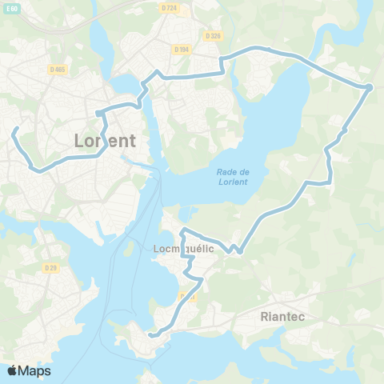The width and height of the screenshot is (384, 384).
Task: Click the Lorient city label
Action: tap(105, 140)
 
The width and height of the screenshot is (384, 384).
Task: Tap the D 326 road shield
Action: tap(212, 36)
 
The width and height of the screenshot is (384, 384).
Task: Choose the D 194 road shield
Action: tap(181, 49)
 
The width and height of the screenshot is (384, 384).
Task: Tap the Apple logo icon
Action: tap(12, 370)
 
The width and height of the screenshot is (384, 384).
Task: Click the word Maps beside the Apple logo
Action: tap(35, 370)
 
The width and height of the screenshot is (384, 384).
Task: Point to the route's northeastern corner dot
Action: tap(370, 86)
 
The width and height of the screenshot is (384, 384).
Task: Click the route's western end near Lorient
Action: tap(14, 128)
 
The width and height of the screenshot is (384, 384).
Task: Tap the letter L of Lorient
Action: tap(79, 140)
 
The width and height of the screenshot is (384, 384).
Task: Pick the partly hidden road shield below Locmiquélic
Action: tap(189, 296)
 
